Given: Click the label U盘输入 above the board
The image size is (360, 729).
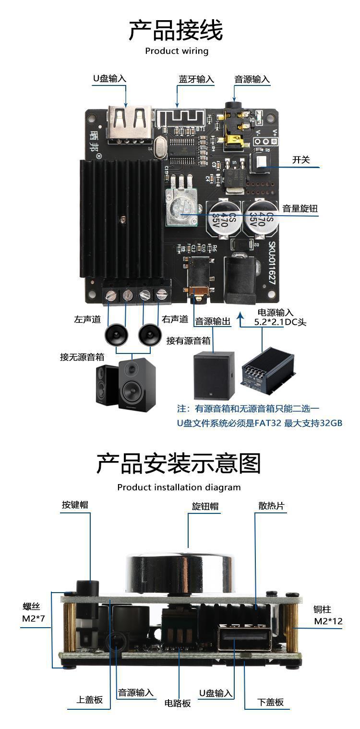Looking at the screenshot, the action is point(110,79).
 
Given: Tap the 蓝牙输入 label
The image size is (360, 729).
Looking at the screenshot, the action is point(196,79).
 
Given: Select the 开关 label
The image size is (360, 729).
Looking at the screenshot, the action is point(301,160).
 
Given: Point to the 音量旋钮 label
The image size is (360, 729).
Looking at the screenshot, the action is point(300,208).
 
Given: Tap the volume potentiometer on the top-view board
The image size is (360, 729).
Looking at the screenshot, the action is point(181,207).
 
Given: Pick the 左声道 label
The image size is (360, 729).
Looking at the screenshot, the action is point(86,319).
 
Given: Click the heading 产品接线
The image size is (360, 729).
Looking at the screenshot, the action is point(176,31).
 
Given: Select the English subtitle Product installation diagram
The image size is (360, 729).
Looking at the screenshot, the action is point(179,487).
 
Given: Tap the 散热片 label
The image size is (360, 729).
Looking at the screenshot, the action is point(271,506).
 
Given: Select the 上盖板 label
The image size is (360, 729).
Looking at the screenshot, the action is point(89,700).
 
